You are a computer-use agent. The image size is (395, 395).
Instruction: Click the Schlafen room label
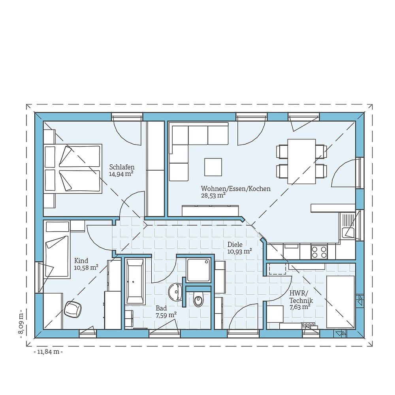click(122, 167)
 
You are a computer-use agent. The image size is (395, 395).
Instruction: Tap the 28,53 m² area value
click(213, 195)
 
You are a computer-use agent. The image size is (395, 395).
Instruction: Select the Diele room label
click(235, 244)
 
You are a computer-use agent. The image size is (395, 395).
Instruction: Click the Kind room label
click(81, 261)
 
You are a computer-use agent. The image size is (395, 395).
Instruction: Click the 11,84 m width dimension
click(48, 352)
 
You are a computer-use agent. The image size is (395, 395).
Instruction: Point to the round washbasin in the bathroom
click(174, 292)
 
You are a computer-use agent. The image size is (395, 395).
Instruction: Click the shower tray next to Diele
click(199, 270)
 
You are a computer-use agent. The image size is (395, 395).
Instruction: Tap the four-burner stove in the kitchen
click(319, 252)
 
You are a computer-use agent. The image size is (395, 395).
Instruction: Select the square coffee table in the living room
click(213, 167)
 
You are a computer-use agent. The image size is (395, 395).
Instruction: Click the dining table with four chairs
click(301, 161)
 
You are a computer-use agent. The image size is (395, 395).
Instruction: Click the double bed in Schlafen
click(73, 169)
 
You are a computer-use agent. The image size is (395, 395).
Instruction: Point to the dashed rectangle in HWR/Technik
click(277, 269)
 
